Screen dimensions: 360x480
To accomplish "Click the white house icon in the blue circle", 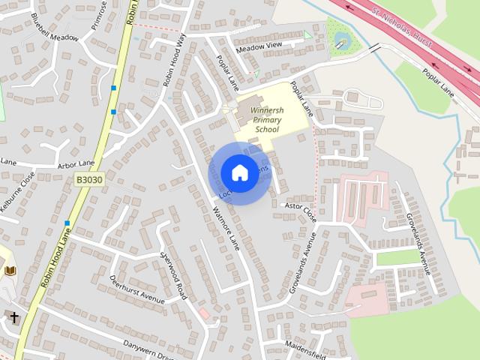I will click(239, 173).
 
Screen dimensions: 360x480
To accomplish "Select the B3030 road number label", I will click(89, 181).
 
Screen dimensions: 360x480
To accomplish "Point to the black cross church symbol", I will click(13, 318).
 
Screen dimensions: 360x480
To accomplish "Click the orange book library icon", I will click(10, 271).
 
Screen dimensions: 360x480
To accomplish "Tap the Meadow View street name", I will click(259, 47).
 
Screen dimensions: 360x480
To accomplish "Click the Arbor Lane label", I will click(76, 163).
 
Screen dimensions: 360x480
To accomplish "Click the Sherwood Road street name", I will click(173, 274).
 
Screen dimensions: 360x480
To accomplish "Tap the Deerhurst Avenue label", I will click(136, 289).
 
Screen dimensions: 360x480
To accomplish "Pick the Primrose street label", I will click(100, 13).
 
